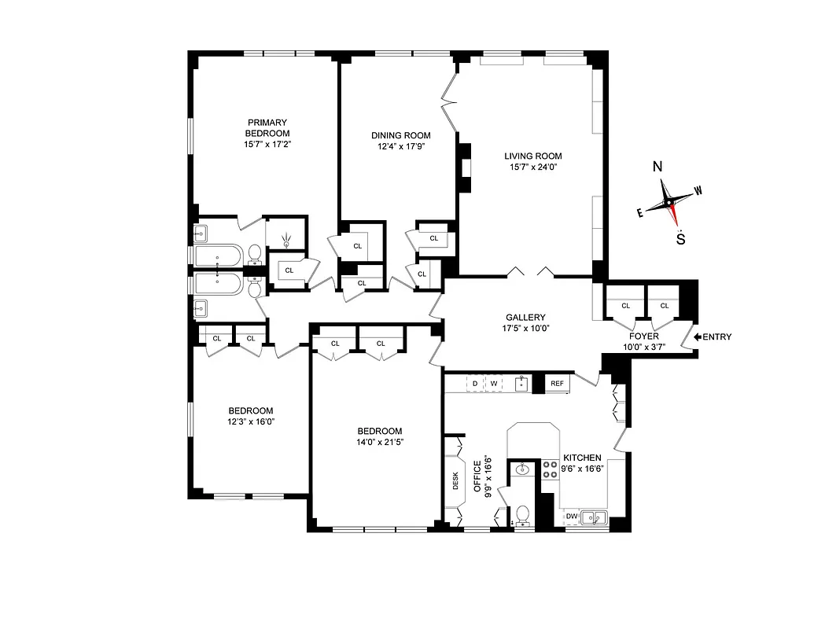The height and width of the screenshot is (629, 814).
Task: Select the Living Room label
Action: (533, 156)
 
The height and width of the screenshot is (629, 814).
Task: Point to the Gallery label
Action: (526, 318)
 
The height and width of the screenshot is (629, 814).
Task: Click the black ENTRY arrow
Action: (698, 337)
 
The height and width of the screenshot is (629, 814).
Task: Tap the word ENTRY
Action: (717, 337)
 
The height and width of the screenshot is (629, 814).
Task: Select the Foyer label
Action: (643, 336)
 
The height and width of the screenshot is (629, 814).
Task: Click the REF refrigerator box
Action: (558, 384)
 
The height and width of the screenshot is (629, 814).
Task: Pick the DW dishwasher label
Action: (572, 517)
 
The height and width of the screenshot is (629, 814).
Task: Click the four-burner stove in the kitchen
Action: (549, 470)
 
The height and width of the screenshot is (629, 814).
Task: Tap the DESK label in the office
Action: (455, 481)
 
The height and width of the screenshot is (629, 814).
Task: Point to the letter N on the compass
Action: (657, 167)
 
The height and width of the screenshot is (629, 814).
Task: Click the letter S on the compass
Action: (680, 240)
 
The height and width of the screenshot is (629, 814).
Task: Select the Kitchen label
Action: (582, 458)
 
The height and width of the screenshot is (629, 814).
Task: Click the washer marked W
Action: (495, 384)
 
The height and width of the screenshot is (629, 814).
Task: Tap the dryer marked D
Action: (476, 384)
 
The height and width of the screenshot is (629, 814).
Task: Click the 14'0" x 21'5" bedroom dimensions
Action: (380, 443)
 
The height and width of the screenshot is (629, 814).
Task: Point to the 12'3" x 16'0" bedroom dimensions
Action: (251, 421)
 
